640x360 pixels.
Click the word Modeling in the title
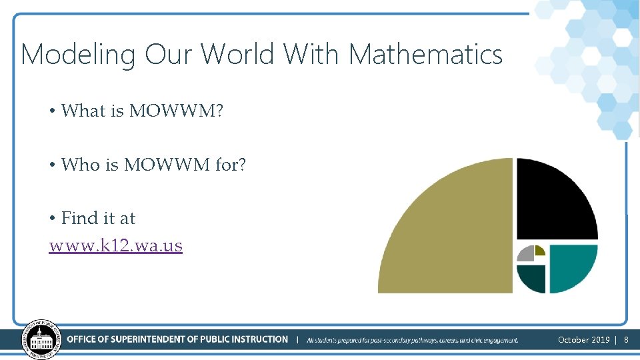click(78, 55)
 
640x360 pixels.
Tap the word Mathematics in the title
click(425, 54)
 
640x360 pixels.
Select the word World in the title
click(239, 54)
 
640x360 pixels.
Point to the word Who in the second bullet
click(81, 164)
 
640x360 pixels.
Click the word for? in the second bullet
click(231, 164)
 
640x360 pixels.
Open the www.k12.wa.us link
click(116, 245)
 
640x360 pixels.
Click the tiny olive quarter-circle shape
click(539, 251)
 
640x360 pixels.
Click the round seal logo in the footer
click(41, 339)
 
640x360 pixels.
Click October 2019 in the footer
click(583, 340)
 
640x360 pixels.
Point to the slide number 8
click(626, 340)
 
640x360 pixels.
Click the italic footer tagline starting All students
click(412, 340)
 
